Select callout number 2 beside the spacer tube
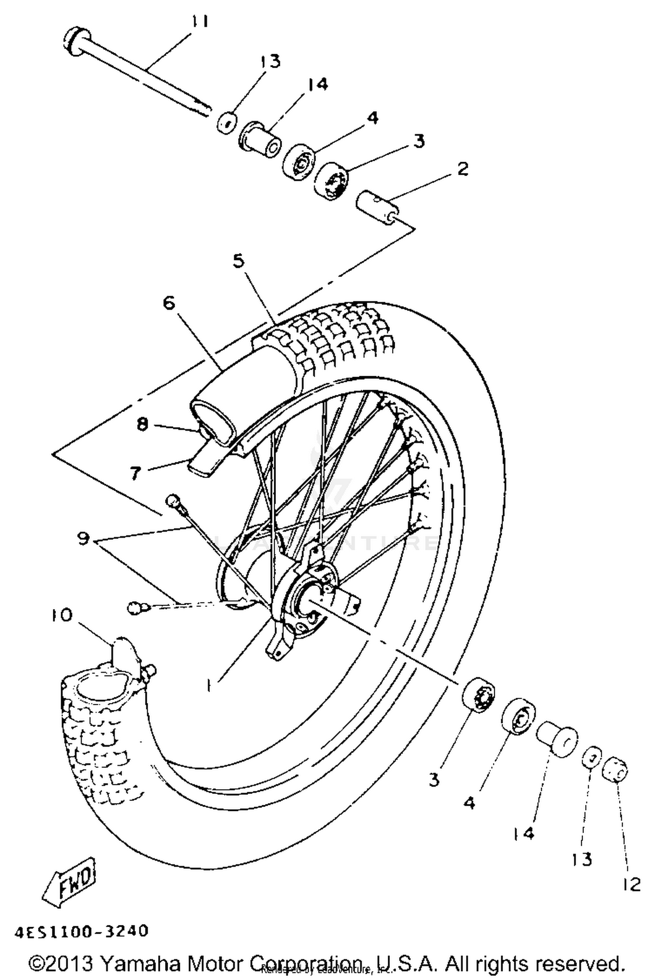[463, 168]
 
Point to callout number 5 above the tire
[239, 261]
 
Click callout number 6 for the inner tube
[169, 302]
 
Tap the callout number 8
[142, 424]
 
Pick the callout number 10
[61, 616]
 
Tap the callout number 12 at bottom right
[632, 873]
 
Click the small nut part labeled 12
[616, 772]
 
